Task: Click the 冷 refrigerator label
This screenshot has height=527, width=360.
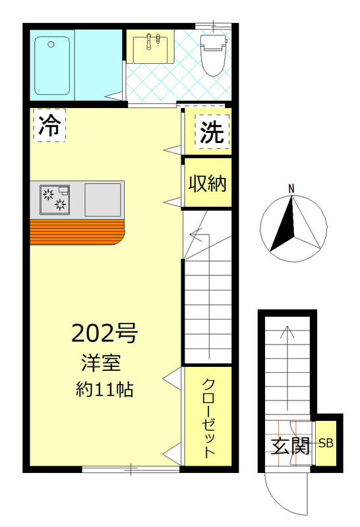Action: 48,126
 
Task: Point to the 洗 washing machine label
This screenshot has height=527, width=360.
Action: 212,133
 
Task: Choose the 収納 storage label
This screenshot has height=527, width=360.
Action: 208,182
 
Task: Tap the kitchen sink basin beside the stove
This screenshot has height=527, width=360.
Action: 103,198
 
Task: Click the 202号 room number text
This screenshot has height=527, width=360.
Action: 104,333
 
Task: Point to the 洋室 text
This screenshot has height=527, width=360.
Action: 100,363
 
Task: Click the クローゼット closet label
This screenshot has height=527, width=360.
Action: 208,418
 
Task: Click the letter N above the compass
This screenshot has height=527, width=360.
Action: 291,190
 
